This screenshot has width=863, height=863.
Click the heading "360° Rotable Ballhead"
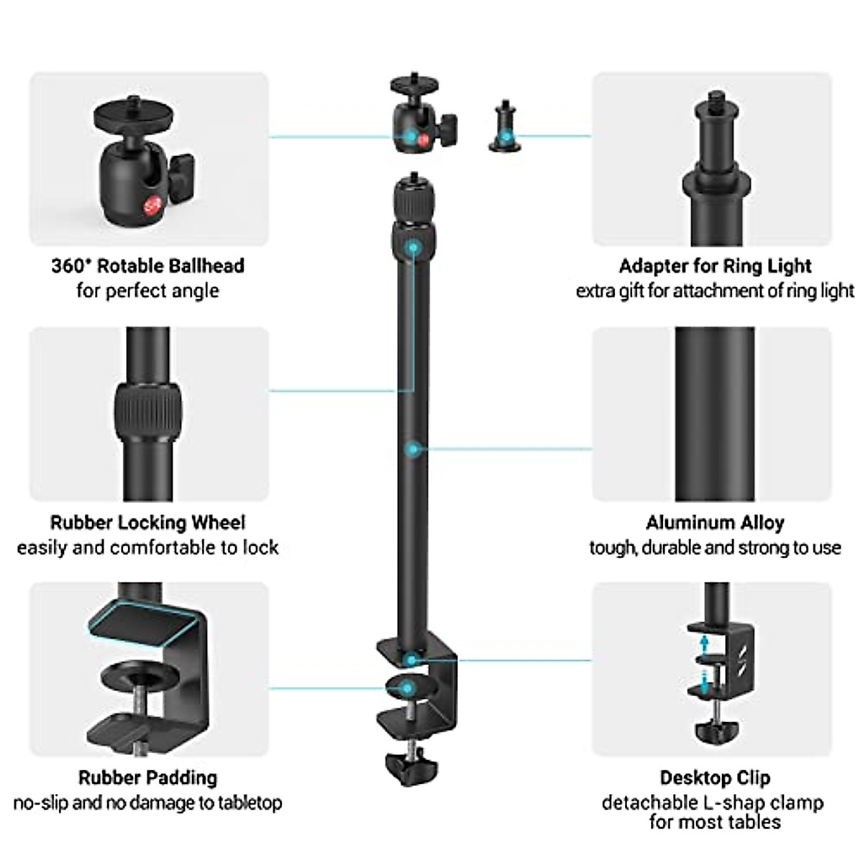(x=148, y=265)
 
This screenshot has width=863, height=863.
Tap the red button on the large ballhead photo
(x=150, y=206)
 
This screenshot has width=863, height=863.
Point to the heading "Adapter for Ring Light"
(x=715, y=266)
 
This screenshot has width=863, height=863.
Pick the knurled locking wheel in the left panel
(x=148, y=412)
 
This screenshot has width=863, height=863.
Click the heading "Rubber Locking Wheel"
(x=148, y=523)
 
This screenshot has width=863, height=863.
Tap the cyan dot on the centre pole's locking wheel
(x=413, y=247)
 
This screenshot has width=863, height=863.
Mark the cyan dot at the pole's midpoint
(x=413, y=449)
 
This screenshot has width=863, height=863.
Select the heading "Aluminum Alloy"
(x=715, y=523)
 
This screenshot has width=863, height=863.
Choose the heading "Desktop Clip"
(x=715, y=778)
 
